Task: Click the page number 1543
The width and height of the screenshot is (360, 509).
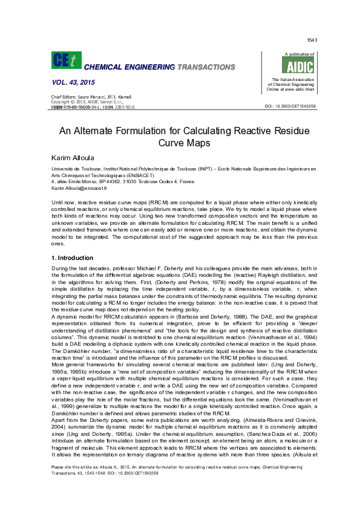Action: [x=312, y=40]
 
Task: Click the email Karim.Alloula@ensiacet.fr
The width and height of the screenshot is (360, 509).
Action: [x=79, y=189]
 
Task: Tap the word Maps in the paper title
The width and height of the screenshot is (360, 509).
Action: [x=197, y=143]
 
